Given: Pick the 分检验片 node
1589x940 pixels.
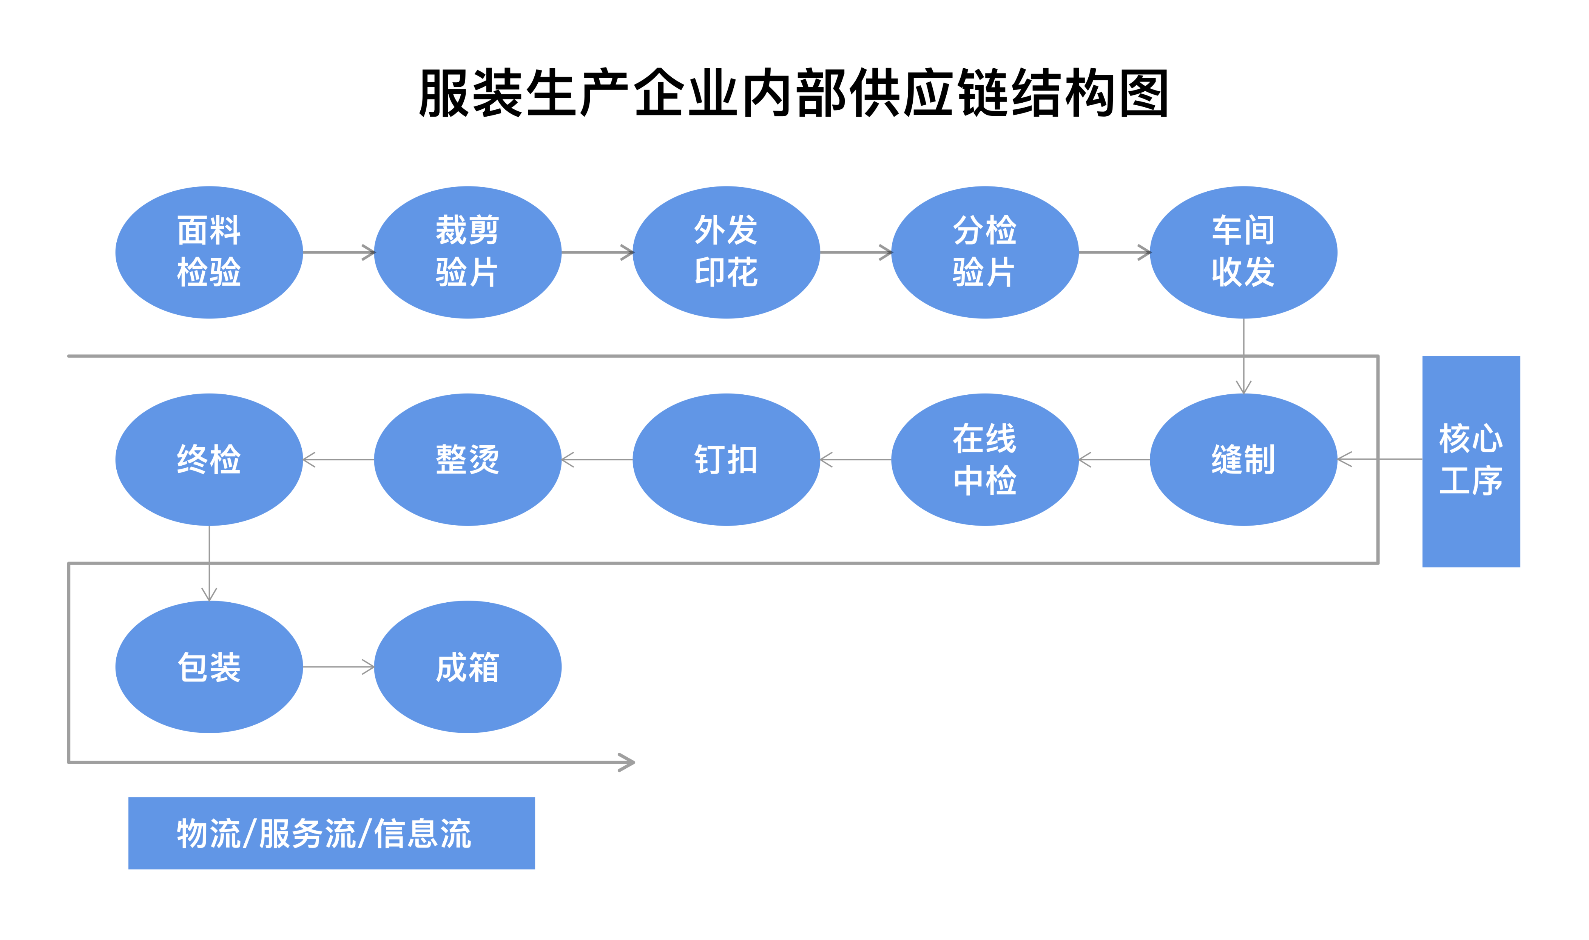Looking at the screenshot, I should tap(984, 252).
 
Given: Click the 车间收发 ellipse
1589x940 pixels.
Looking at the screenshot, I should tap(1243, 252).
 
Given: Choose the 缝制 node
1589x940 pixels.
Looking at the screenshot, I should tap(1243, 459).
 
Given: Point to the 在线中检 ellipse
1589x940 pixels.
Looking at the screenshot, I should tap(984, 459).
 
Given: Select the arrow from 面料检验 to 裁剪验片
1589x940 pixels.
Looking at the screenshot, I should tap(338, 252).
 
